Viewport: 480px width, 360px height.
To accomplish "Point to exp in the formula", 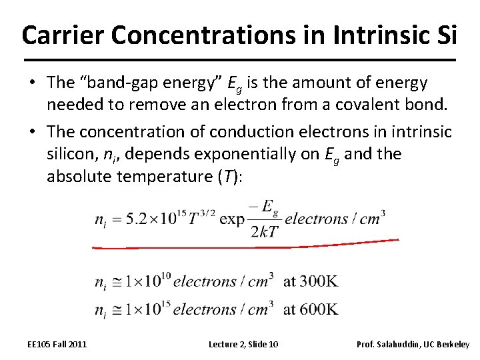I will click(232, 219).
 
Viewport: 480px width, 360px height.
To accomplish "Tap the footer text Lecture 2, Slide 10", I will click(243, 344).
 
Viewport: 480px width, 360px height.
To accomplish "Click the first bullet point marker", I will click(31, 83).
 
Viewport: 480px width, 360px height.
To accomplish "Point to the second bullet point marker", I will click(31, 132).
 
